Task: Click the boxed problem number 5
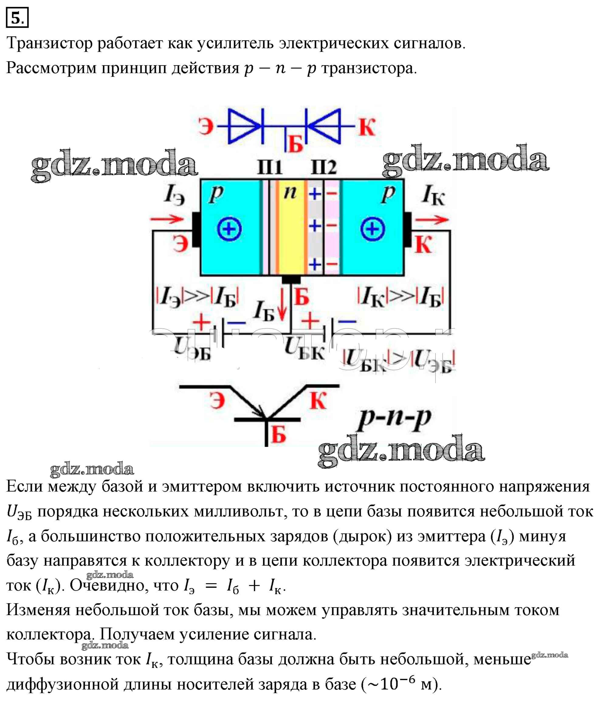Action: point(17,18)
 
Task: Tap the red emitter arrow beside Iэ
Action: point(167,219)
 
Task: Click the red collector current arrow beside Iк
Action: point(432,220)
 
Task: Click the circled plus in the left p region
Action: point(229,229)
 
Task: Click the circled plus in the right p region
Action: point(373,229)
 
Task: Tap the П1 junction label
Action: point(270,167)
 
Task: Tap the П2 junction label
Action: point(324,167)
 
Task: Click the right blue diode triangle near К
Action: point(324,126)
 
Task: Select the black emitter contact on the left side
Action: point(196,229)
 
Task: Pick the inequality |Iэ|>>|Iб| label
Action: point(197,296)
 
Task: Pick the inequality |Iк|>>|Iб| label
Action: point(401,296)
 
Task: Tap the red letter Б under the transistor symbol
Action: point(278,434)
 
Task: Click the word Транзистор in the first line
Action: point(50,43)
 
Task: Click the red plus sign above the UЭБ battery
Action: point(202,321)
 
